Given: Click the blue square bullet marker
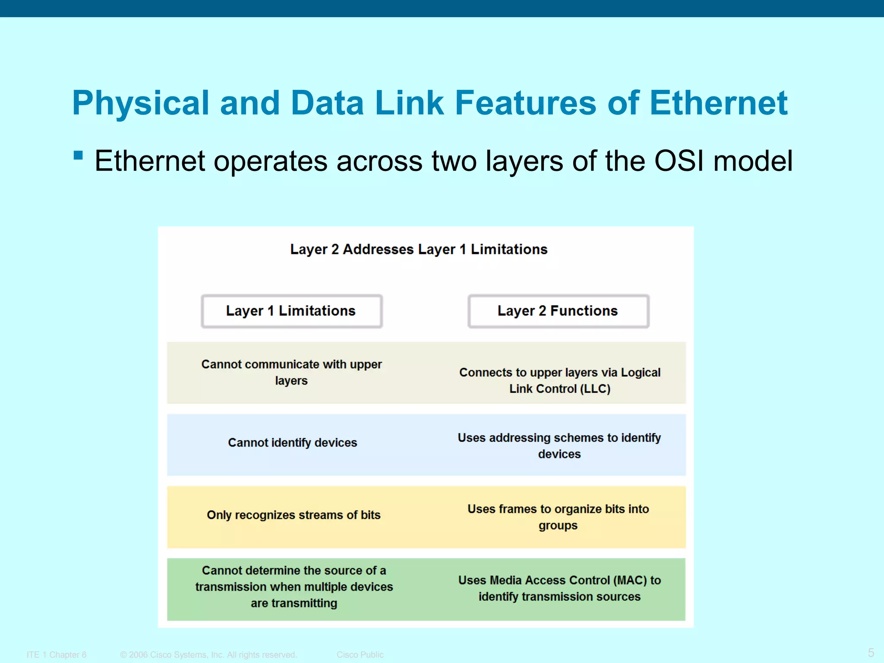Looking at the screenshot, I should pyautogui.click(x=78, y=155).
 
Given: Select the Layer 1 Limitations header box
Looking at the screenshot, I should pyautogui.click(x=291, y=311).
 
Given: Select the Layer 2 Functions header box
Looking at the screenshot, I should pyautogui.click(x=558, y=311).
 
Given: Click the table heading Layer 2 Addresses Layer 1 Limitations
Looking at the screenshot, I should pyautogui.click(x=419, y=249).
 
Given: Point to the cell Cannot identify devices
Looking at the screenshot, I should pyautogui.click(x=292, y=443).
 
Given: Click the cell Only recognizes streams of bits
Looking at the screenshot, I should pyautogui.click(x=294, y=515).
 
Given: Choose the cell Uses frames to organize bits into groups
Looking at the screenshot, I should pyautogui.click(x=558, y=517).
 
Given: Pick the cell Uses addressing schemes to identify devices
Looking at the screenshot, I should pyautogui.click(x=559, y=445).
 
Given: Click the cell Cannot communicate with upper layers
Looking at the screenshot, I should pyautogui.click(x=291, y=372).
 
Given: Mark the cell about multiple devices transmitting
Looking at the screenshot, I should pyautogui.click(x=294, y=587).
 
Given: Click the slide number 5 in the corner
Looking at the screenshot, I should pyautogui.click(x=871, y=652).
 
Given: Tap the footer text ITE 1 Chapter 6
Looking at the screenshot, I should pyautogui.click(x=57, y=655).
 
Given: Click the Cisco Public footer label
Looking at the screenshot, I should pyautogui.click(x=360, y=655).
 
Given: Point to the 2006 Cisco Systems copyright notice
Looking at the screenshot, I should pyautogui.click(x=208, y=655).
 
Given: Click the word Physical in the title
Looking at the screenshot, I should pyautogui.click(x=141, y=104).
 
